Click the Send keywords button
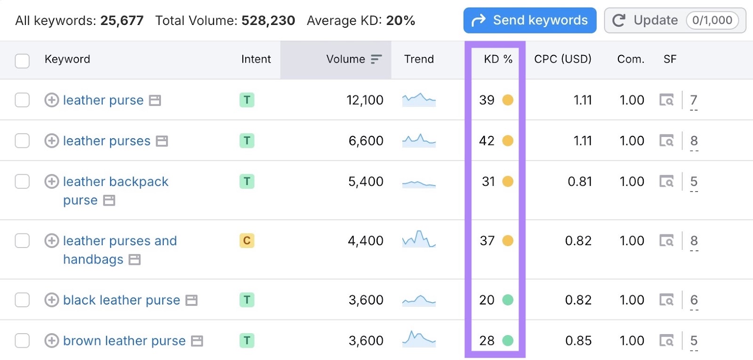(529, 20)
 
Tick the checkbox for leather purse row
(22, 100)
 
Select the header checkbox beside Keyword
(22, 61)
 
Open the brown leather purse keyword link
(124, 341)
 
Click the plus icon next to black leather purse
(51, 300)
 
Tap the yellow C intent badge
(247, 240)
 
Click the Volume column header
(346, 59)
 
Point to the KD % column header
(497, 59)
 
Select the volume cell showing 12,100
(365, 100)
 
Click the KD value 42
(487, 141)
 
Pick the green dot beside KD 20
(508, 300)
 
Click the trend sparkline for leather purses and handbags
(419, 240)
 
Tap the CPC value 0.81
(579, 182)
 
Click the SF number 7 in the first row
(693, 100)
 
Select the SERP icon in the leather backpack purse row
(666, 182)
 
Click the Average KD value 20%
(401, 21)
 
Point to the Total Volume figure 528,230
(268, 21)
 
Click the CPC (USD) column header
(562, 59)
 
